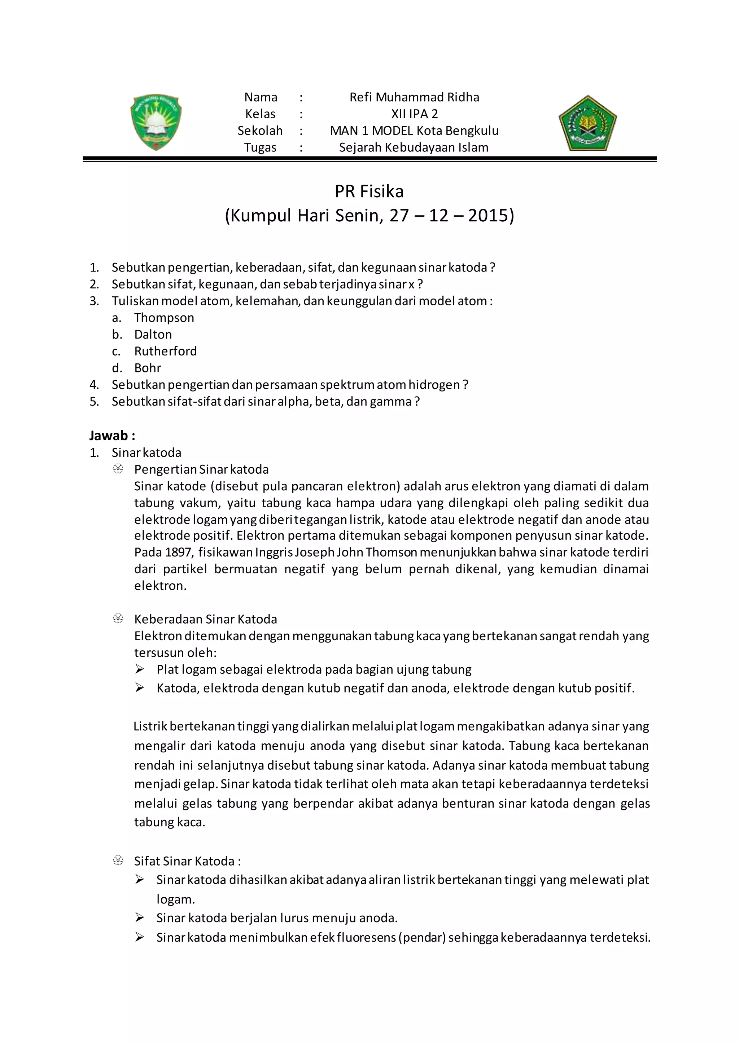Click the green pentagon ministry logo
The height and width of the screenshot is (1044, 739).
click(587, 123)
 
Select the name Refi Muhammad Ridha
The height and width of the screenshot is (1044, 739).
click(414, 97)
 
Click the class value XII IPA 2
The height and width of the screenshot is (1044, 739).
click(414, 114)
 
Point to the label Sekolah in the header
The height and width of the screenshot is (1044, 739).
click(260, 131)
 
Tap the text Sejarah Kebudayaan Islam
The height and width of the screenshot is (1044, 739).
click(414, 148)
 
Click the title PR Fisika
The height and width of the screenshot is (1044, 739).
click(369, 191)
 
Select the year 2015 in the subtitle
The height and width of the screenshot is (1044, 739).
click(488, 216)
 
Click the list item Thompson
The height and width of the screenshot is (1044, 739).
click(164, 318)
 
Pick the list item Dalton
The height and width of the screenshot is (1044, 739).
click(153, 335)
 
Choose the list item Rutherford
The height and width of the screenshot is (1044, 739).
click(165, 351)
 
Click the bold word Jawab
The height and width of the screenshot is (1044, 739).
click(109, 435)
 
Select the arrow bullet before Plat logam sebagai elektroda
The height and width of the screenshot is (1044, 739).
click(140, 669)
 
